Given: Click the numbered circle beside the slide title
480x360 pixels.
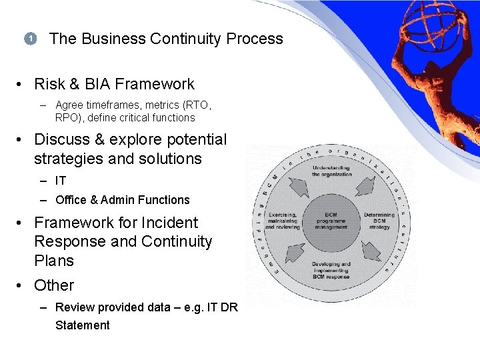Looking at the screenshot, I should (x=30, y=39).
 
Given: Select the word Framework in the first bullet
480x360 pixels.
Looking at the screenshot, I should (x=155, y=84).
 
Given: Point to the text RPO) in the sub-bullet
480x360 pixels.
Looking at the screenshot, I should (x=69, y=118).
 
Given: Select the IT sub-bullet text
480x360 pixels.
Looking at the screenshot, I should (x=61, y=181).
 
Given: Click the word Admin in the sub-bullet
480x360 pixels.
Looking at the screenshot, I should (x=117, y=200).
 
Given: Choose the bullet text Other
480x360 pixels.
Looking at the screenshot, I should (x=54, y=285).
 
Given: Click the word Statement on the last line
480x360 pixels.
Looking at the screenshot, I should (x=82, y=325).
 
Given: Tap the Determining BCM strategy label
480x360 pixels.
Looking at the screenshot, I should (x=379, y=221).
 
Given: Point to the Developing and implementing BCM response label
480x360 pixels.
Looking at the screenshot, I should (x=331, y=270).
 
